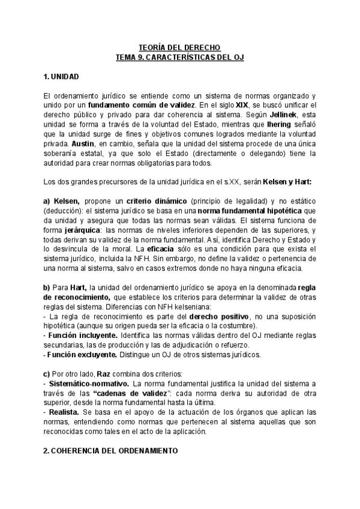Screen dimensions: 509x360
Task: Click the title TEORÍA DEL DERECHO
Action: [179, 47]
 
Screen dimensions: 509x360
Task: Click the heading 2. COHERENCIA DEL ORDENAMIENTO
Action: [111, 450]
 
